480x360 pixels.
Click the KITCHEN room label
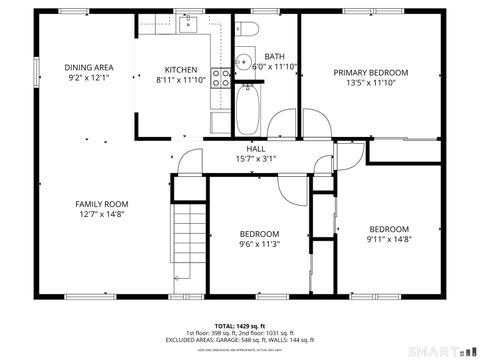[x=181, y=69]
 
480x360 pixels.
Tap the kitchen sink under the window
[x=190, y=26]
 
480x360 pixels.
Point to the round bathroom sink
[x=242, y=62]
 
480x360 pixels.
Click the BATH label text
[x=275, y=57]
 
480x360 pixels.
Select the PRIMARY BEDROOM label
[x=371, y=73]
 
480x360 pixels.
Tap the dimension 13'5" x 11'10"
[x=371, y=83]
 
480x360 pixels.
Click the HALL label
[x=255, y=148]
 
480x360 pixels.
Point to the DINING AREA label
[x=89, y=68]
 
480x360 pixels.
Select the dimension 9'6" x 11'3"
[x=259, y=243]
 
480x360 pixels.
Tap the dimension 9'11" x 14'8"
[x=388, y=238]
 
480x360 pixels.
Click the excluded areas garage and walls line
[x=240, y=340]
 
